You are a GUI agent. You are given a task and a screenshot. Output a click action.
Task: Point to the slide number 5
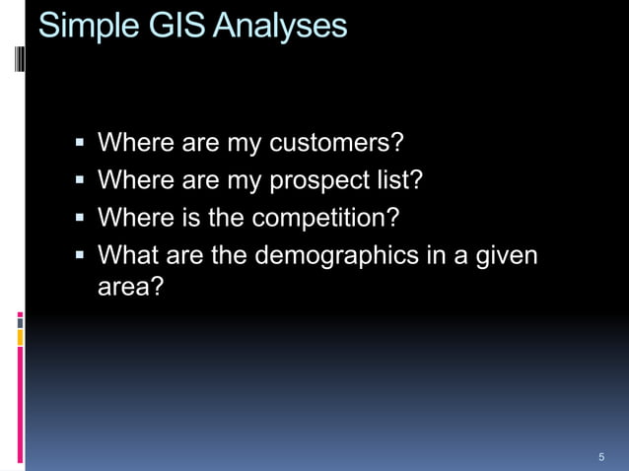click(601, 457)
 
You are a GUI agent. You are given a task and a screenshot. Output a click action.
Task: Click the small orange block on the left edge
click(20, 338)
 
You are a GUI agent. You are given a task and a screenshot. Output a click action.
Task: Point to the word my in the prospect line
click(244, 181)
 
